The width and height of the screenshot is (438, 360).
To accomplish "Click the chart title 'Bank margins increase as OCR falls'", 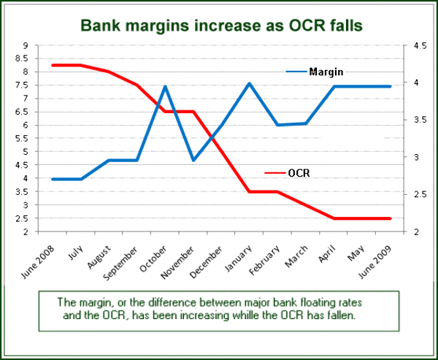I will pos(221,26).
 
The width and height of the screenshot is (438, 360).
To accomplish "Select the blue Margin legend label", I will pos(326,72).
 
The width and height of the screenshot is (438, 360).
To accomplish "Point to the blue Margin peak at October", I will pos(165,86).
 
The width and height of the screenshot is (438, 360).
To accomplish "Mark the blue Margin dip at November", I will pos(193,160).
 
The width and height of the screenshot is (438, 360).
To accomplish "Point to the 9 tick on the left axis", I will pos(26,45).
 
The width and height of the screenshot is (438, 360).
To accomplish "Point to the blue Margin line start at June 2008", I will pos(53,179).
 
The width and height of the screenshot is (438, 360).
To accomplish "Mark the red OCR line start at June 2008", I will pos(53,66).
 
